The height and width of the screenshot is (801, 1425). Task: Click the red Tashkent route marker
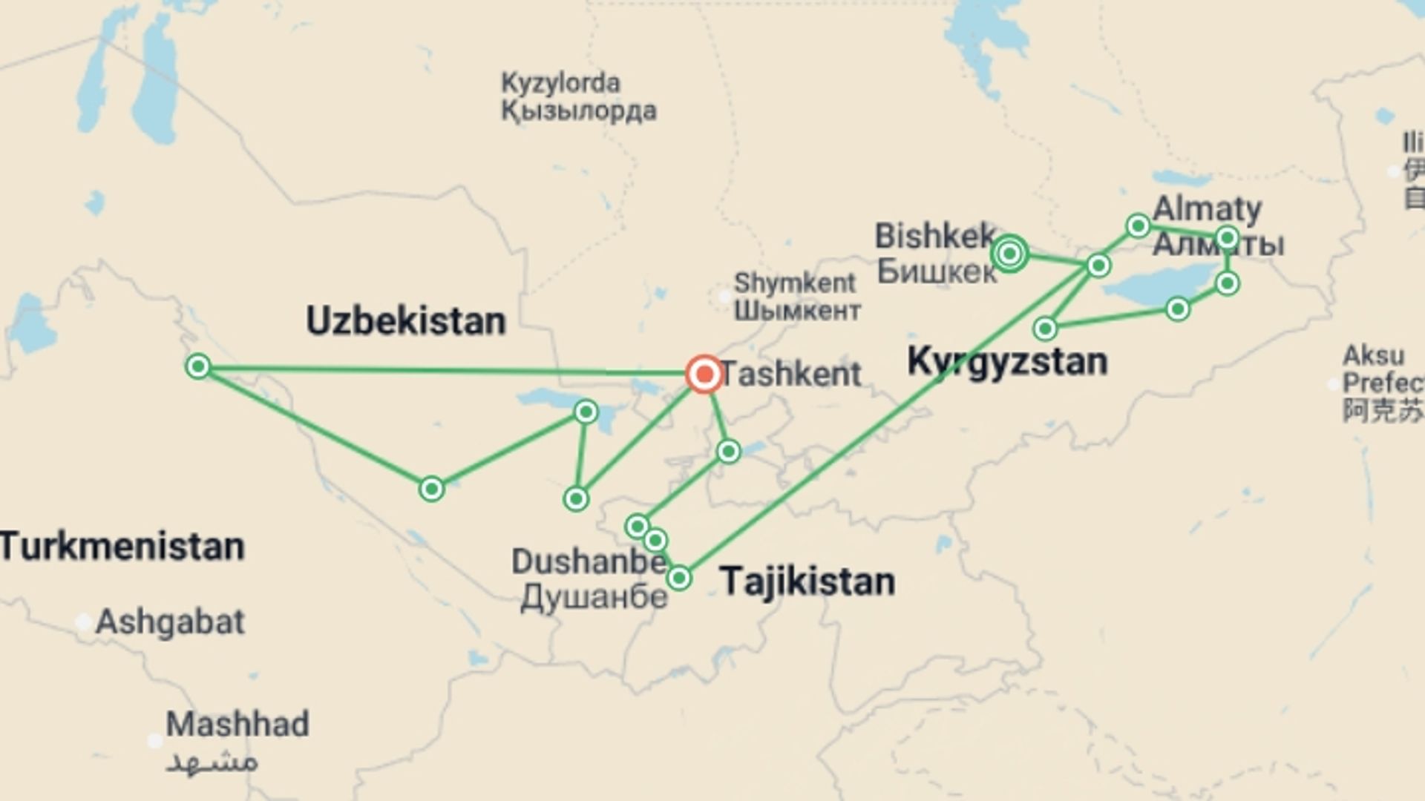(704, 374)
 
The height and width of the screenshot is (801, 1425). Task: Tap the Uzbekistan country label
(405, 321)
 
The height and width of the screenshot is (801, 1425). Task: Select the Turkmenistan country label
(122, 547)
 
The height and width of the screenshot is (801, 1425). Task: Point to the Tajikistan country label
(807, 581)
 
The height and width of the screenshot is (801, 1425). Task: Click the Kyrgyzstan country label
(1007, 362)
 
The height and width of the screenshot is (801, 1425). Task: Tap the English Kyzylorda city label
(560, 82)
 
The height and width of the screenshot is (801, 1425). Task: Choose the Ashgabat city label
(170, 622)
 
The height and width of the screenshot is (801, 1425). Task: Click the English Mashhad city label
(237, 724)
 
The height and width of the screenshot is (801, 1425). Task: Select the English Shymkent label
(794, 283)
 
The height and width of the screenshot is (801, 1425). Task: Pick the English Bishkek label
(935, 236)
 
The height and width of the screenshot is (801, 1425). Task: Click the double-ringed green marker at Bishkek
(1009, 254)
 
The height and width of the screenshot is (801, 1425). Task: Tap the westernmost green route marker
(198, 366)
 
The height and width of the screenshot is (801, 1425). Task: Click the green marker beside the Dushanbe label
(679, 578)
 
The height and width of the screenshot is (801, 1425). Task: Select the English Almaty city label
(1207, 208)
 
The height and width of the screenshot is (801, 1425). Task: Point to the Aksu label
(1373, 355)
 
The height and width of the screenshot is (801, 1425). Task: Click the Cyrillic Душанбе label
(594, 597)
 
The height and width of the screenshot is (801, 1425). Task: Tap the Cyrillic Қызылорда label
(579, 111)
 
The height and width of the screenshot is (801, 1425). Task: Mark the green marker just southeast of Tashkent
(728, 451)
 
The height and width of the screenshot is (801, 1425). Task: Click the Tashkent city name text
(791, 374)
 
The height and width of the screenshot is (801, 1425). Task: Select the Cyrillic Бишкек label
(937, 271)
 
